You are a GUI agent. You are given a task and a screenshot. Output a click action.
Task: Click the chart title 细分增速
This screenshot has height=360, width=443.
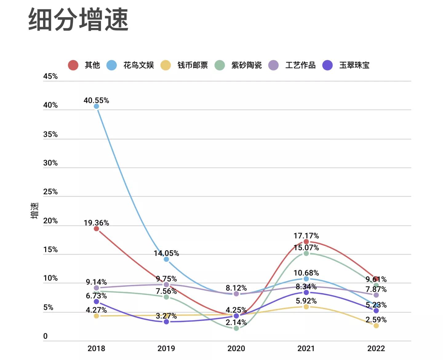(x=78, y=20)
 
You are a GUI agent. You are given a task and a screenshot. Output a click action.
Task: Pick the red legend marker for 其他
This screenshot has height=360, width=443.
(x=73, y=65)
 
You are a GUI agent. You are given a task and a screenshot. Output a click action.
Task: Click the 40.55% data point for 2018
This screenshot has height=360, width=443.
(x=96, y=106)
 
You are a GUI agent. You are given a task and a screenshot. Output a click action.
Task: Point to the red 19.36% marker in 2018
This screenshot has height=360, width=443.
(x=96, y=229)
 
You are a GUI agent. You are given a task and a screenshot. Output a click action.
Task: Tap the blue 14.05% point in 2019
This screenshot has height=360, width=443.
(x=166, y=259)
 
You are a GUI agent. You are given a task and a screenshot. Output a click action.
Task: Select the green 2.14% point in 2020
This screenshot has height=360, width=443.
(x=236, y=328)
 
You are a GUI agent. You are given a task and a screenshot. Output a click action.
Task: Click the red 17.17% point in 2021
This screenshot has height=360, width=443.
(x=306, y=242)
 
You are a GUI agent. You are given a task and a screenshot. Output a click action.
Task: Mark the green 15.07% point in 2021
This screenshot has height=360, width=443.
(x=306, y=253)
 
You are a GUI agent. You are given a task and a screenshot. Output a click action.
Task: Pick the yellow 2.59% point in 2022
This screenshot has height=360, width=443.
(x=376, y=326)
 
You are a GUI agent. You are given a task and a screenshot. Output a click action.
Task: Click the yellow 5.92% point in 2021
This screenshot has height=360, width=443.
(x=306, y=307)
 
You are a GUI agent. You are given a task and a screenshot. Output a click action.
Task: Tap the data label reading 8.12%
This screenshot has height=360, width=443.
(x=236, y=288)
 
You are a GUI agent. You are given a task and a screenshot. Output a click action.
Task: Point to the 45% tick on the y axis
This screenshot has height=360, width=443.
(x=50, y=76)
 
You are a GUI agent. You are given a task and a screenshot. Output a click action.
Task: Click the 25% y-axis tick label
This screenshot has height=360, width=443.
(x=50, y=192)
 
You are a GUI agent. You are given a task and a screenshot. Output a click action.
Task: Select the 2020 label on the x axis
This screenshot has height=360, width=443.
(x=236, y=348)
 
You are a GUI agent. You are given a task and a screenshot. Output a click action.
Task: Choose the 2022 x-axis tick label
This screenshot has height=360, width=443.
(x=376, y=348)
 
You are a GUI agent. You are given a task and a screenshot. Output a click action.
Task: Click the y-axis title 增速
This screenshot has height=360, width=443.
(x=34, y=211)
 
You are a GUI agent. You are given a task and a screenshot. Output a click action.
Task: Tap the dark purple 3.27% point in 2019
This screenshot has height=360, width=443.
(x=166, y=322)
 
